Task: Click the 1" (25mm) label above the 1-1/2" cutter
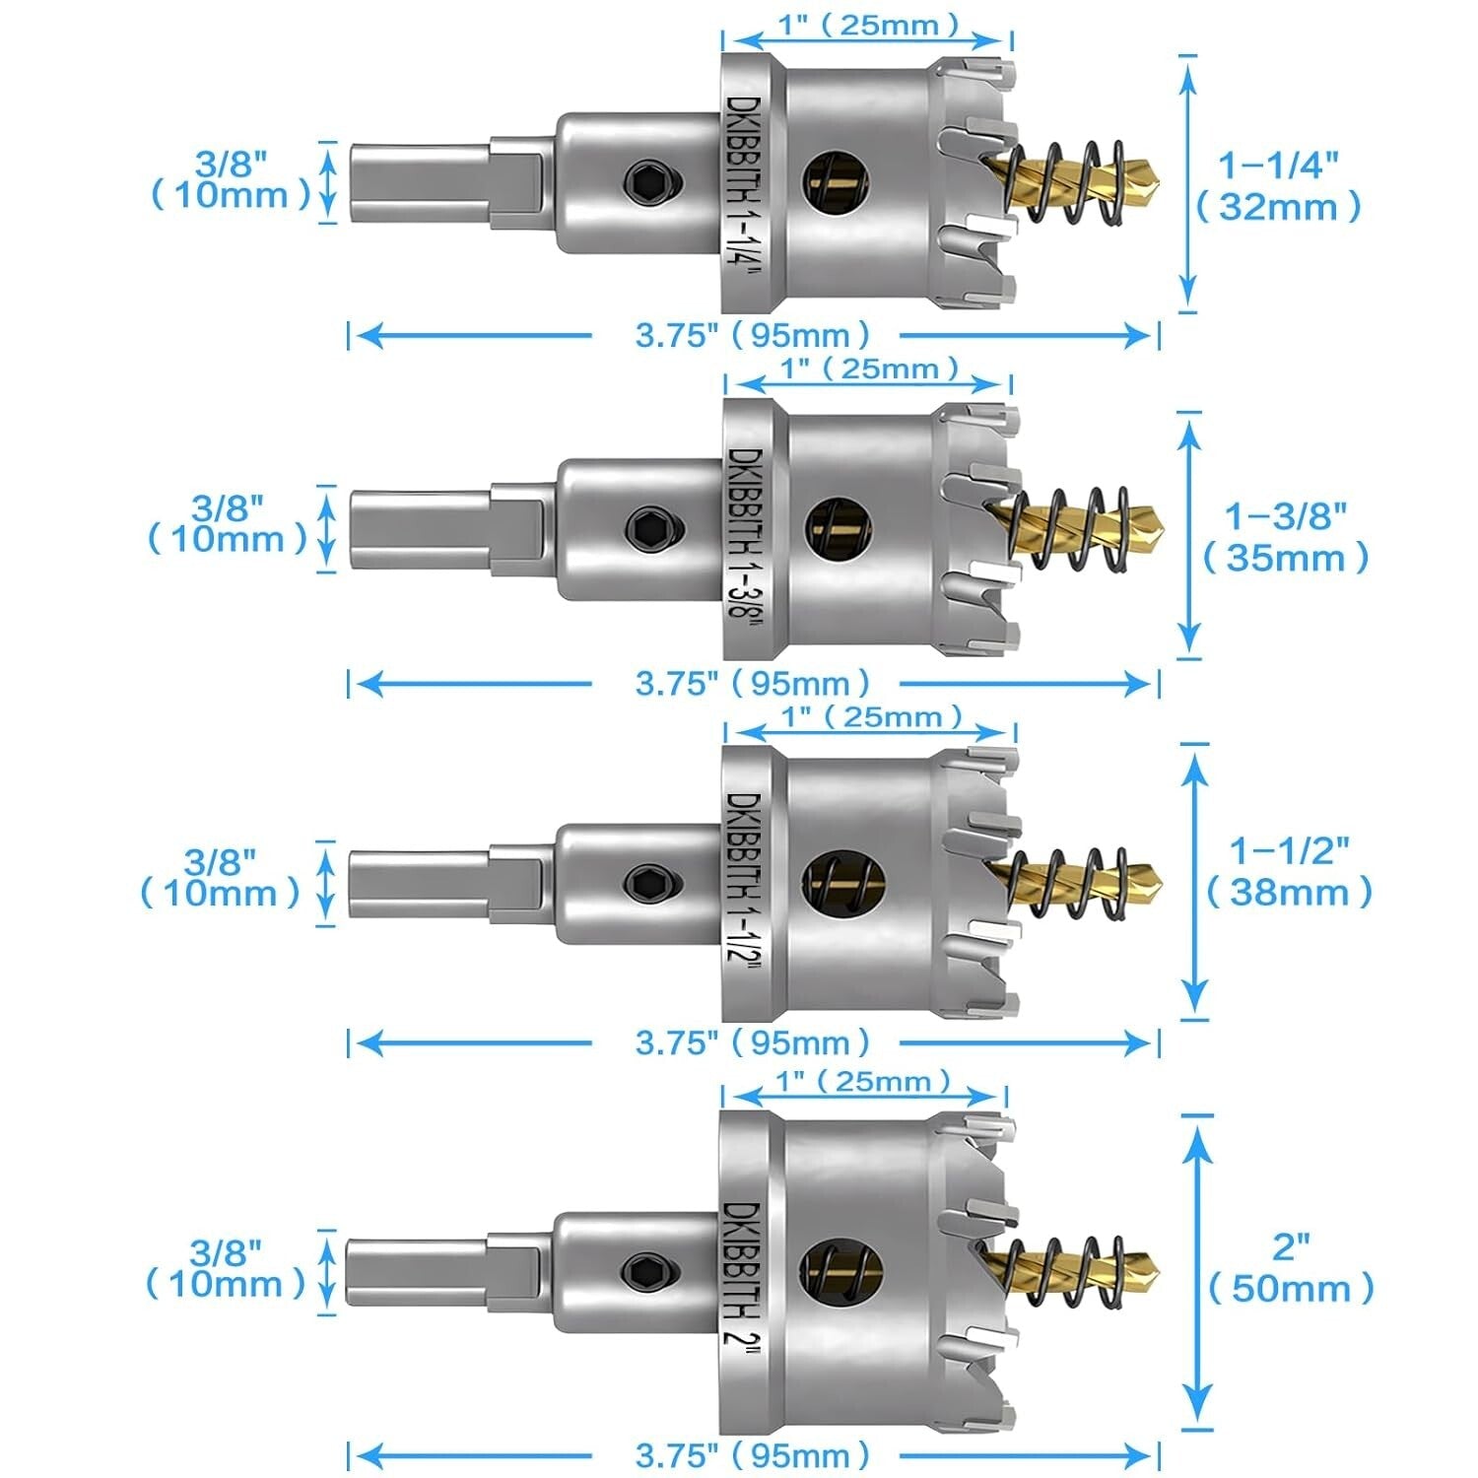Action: [x=871, y=716]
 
